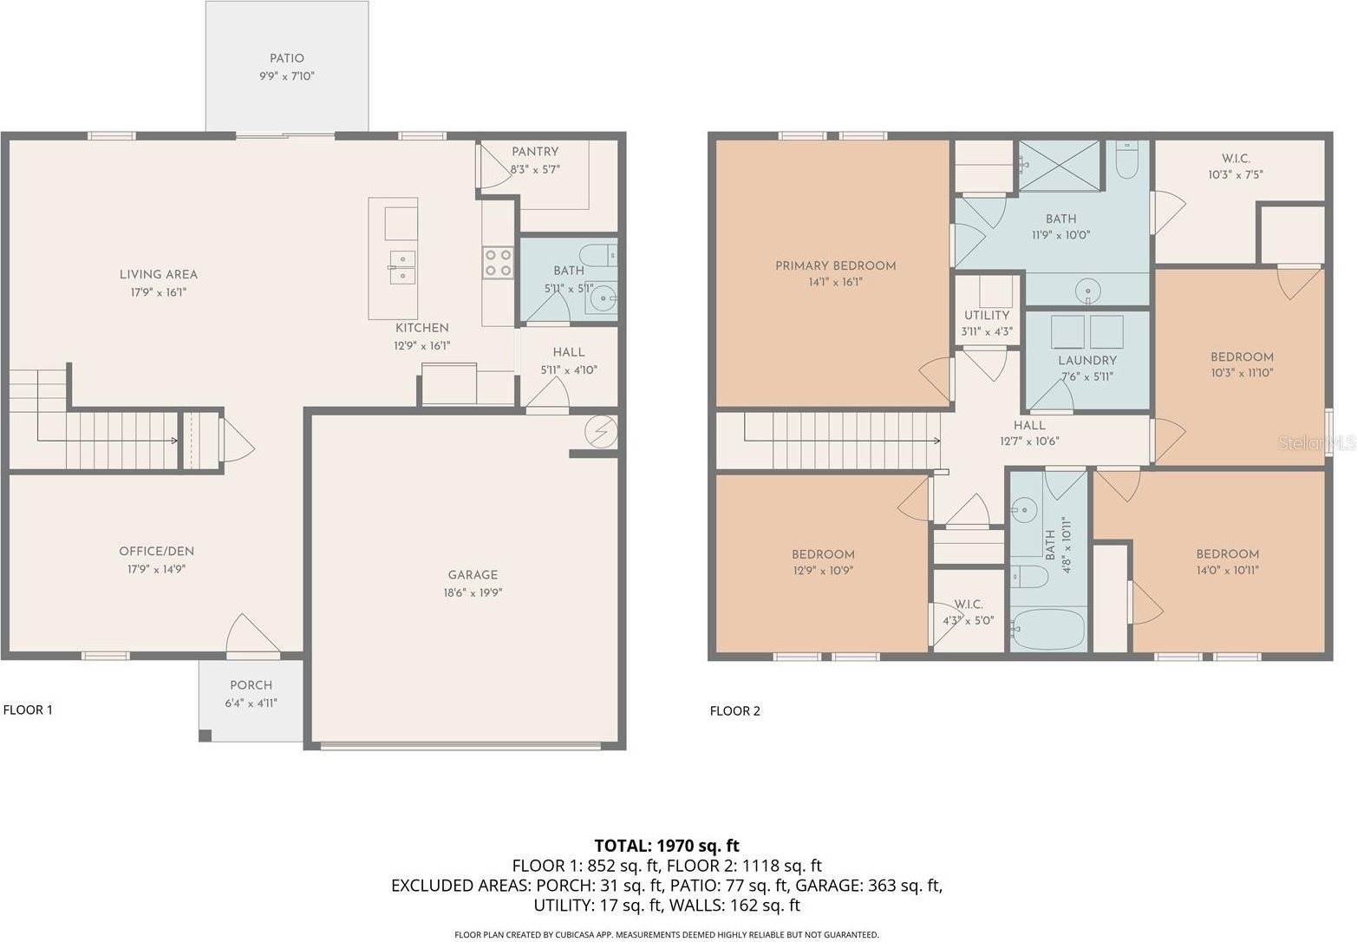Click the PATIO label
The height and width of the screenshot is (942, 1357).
pyautogui.click(x=286, y=59)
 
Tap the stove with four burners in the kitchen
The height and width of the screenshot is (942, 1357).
pyautogui.click(x=498, y=262)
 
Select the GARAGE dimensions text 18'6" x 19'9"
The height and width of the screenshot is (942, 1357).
pyautogui.click(x=473, y=593)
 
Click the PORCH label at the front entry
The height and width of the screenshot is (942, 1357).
pyautogui.click(x=251, y=685)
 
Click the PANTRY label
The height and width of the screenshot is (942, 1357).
pyautogui.click(x=535, y=152)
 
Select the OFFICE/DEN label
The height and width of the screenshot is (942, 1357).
pyautogui.click(x=156, y=552)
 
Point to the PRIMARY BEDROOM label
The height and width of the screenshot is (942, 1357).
pyautogui.click(x=835, y=266)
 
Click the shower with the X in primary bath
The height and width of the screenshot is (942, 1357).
pyautogui.click(x=1058, y=165)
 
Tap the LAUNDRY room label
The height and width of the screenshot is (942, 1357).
pyautogui.click(x=1086, y=361)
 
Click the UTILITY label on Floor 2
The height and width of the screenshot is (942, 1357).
pyautogui.click(x=987, y=316)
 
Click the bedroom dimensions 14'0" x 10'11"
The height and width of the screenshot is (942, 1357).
pyautogui.click(x=1227, y=571)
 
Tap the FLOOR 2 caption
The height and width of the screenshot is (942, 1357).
pyautogui.click(x=734, y=711)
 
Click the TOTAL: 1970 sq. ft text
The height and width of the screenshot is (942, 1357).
pyautogui.click(x=666, y=845)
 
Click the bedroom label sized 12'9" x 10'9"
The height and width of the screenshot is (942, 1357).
pyautogui.click(x=823, y=555)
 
